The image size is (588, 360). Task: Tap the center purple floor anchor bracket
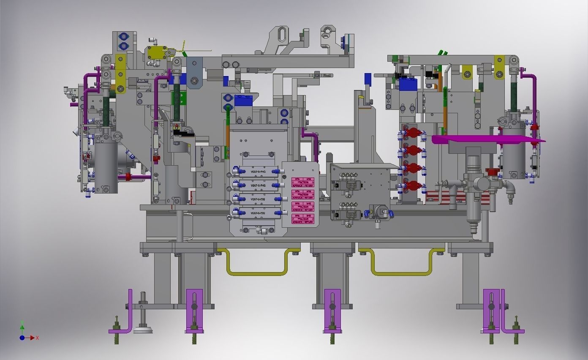coord(332,311)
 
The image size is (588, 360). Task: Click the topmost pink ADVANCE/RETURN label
coord(303,183)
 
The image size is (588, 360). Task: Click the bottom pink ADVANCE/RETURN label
coord(303,219)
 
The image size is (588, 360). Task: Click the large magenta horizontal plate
coord(486,139)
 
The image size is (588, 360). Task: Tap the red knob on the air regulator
coord(492,172)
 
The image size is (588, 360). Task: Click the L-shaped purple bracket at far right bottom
coord(506,313)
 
